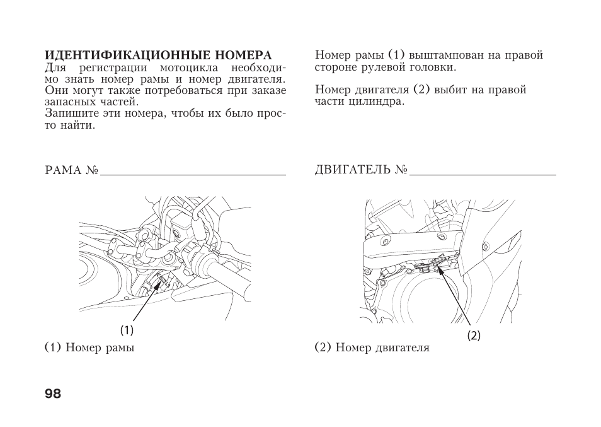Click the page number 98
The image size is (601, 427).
[x=53, y=394]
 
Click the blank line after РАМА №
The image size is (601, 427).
[x=193, y=173]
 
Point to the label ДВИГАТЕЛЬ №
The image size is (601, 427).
[x=361, y=171]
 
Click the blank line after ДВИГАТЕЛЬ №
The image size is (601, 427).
[x=483, y=173]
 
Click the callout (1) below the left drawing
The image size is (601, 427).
[x=127, y=330]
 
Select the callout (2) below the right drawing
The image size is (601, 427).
[x=474, y=336]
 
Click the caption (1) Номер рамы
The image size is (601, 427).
[x=89, y=348]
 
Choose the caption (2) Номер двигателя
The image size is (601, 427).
[x=372, y=348]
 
